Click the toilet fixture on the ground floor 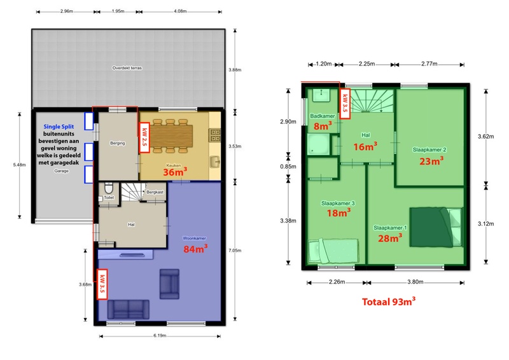click(108, 189)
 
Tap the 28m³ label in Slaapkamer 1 click(389, 238)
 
